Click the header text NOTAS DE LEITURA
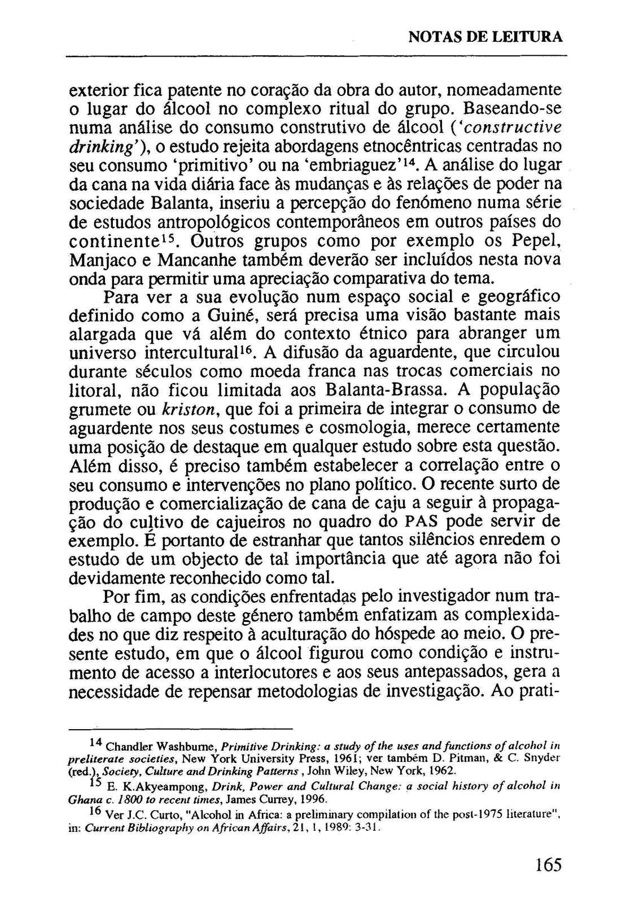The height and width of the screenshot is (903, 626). [485, 37]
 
